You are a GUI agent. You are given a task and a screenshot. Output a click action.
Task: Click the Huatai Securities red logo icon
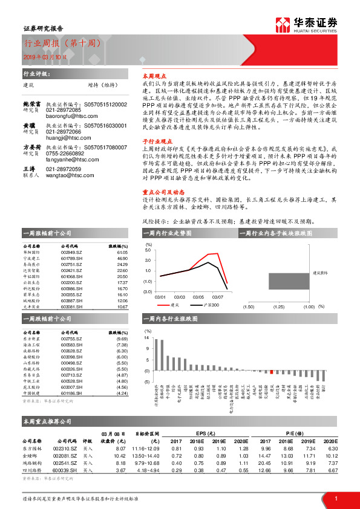pyautogui.click(x=283, y=25)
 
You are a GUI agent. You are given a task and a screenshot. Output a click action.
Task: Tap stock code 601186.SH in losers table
pyautogui.click(x=73, y=394)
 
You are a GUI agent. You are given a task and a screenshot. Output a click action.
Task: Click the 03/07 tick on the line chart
pyautogui.click(x=217, y=297)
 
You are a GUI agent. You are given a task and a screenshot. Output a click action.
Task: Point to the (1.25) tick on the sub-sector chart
pyautogui.click(x=279, y=307)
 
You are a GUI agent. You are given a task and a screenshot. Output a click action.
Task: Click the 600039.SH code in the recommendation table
pyautogui.click(x=65, y=470)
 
